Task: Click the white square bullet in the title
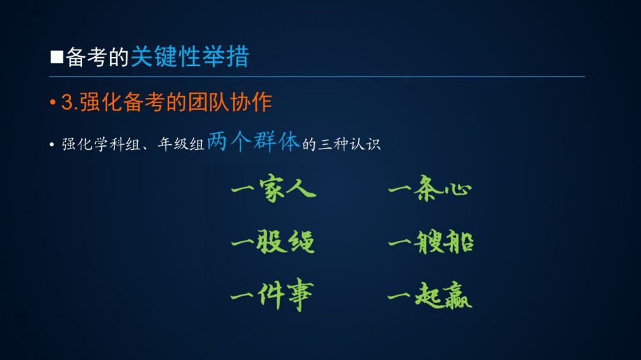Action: [57, 57]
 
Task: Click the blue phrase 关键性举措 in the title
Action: [190, 56]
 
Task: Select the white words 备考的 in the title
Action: [97, 57]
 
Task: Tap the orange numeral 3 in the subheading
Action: [67, 102]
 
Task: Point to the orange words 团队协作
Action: [229, 102]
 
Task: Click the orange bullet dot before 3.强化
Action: [53, 102]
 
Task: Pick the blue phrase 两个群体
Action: [253, 142]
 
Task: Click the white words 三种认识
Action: [349, 144]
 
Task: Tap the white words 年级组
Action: [181, 144]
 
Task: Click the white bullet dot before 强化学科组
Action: [51, 145]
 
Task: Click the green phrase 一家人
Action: [274, 188]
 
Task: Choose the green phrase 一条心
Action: [429, 188]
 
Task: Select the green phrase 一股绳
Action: [273, 241]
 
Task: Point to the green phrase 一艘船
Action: [431, 241]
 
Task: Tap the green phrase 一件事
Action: [272, 295]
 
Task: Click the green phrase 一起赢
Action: [429, 295]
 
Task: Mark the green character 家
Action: [272, 188]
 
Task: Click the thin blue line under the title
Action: [317, 76]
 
